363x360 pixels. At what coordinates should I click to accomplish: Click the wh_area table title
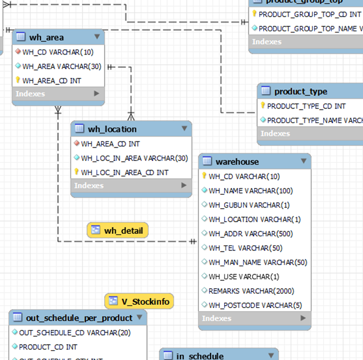tap(46, 37)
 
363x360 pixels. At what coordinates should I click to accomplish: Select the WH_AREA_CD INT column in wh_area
tap(51, 80)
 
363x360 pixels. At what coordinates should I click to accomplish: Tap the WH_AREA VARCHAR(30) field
tap(61, 66)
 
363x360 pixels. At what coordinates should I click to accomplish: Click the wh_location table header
tap(112, 129)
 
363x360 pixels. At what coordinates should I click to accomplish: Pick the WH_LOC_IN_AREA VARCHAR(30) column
tap(134, 158)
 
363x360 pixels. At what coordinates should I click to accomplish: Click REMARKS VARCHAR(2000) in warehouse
tap(251, 291)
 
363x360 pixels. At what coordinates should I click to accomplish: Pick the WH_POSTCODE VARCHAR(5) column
tap(255, 305)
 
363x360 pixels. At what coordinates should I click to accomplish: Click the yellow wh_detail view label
tap(118, 230)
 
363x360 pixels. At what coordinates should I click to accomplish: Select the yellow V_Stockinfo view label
tap(139, 301)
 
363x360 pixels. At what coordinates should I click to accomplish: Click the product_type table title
tap(301, 91)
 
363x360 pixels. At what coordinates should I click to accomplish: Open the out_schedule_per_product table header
tap(79, 318)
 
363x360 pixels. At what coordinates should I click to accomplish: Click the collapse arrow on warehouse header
tap(303, 161)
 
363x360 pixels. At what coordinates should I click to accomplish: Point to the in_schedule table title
tap(200, 356)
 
